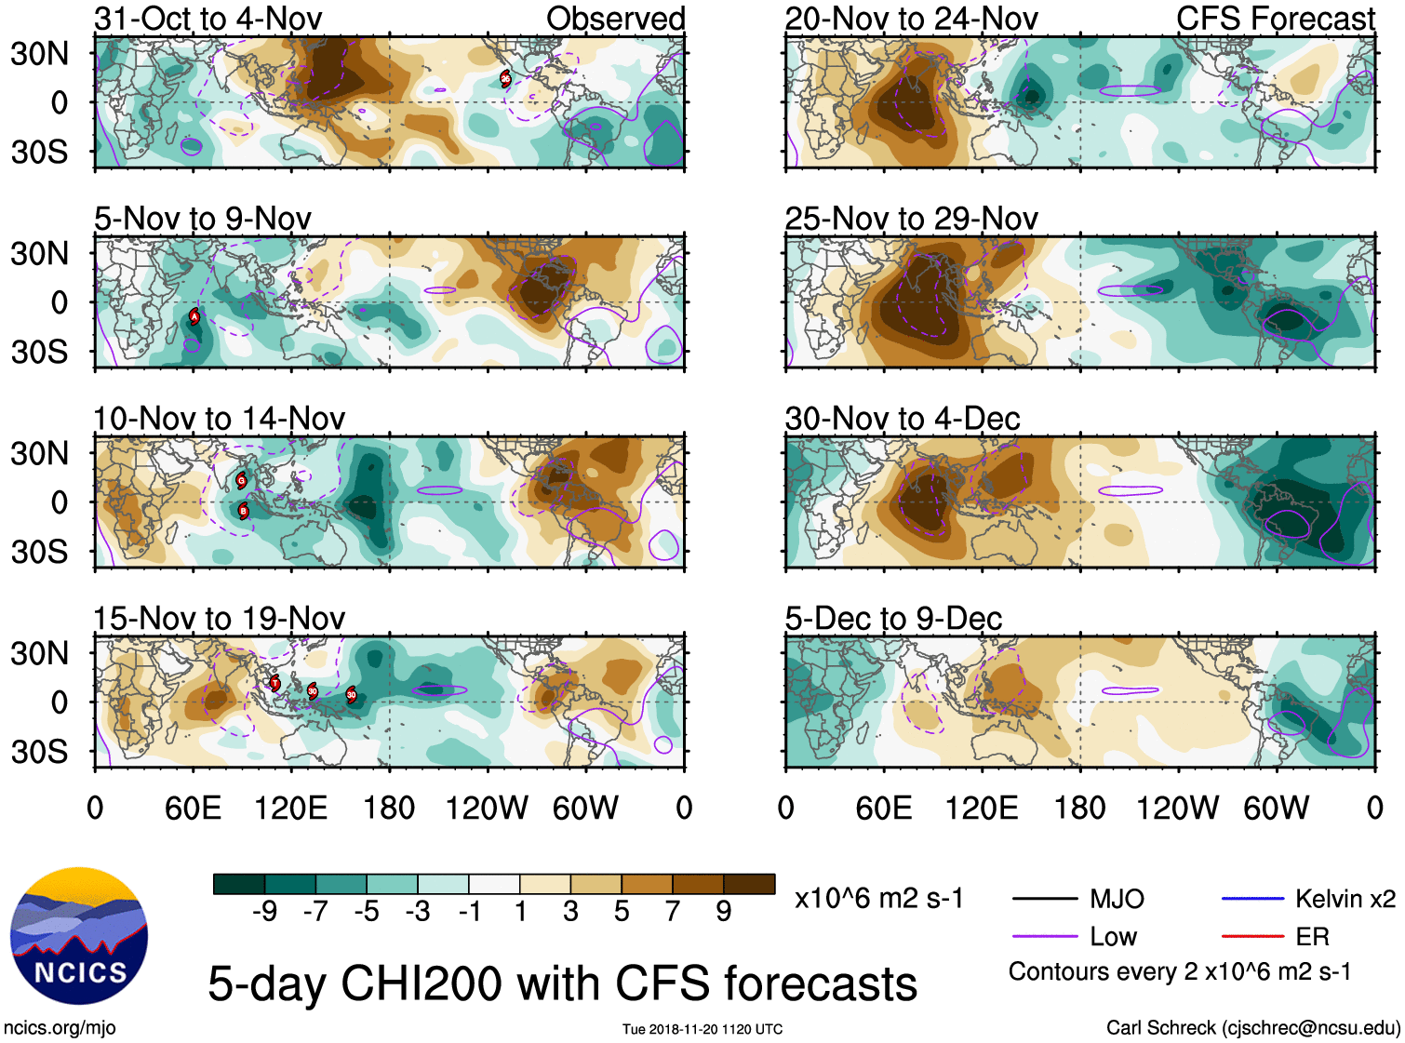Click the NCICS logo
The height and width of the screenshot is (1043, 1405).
coord(79,936)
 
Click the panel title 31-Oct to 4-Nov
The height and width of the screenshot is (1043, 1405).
coord(207,19)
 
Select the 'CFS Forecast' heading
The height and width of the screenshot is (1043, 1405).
coord(1275,19)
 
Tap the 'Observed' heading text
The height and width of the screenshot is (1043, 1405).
coord(615,19)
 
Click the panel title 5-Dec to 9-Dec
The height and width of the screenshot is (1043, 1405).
coord(893,619)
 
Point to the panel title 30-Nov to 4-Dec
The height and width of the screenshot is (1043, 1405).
coord(902,419)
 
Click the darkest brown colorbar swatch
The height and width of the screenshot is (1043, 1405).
coord(749,884)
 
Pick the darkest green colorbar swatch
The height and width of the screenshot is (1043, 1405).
coord(239,884)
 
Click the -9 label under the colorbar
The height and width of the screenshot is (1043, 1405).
coord(264,911)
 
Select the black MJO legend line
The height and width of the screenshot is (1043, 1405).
coord(1044,899)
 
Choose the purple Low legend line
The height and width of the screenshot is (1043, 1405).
coord(1044,936)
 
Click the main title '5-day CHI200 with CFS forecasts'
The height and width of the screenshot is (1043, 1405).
coord(562,983)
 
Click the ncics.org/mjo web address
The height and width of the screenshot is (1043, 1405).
coord(60,1028)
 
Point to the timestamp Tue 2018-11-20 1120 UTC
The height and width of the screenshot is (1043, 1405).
coord(702,1029)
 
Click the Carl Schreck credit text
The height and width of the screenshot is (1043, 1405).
coord(1252,1027)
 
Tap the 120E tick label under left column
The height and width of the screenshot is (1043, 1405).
coord(291,808)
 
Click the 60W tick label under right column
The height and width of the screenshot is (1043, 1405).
coord(1276,808)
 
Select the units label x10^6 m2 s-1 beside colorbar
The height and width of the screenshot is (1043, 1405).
coord(878,899)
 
